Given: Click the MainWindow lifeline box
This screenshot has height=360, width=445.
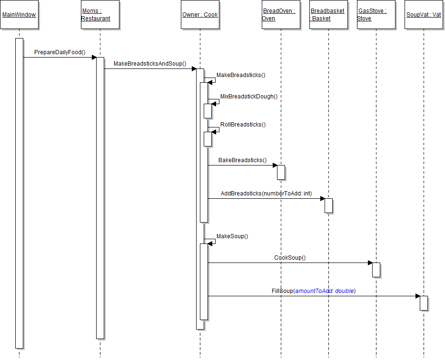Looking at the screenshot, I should [x=19, y=15].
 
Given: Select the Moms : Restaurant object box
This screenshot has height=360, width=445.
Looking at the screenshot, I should [x=100, y=15].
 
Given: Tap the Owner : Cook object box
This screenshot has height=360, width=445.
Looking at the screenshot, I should [x=200, y=15].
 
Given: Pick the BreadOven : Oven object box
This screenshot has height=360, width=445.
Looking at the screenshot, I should [x=281, y=15].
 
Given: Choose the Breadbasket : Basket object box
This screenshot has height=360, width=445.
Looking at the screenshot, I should [x=328, y=15].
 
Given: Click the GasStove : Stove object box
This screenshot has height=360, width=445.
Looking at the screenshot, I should [x=376, y=15].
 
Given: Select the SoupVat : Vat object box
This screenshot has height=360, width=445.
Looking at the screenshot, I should [x=424, y=15].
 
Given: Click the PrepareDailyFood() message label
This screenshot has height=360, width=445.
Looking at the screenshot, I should [x=59, y=52].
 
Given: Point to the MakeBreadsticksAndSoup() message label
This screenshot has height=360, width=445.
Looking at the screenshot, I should [x=150, y=63].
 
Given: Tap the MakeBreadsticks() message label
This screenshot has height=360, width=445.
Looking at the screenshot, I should [x=241, y=75].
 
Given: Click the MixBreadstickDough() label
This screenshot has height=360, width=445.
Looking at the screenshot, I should [x=248, y=96].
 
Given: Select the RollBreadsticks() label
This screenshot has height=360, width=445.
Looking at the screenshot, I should [x=243, y=124].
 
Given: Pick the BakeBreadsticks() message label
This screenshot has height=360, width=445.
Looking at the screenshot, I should [x=242, y=160].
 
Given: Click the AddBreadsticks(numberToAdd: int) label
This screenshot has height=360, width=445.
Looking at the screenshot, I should [x=266, y=194].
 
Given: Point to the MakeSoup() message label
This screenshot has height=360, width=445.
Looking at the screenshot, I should [x=232, y=236].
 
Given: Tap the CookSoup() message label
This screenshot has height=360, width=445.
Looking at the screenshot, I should [x=290, y=258].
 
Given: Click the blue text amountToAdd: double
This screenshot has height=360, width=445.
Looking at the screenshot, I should [x=325, y=291].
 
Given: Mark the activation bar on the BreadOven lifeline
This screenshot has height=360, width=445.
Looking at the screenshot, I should [x=281, y=172].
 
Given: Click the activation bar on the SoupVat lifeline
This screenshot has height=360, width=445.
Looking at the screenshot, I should [x=424, y=303].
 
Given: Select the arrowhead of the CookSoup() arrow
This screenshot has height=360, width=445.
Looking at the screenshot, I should [x=370, y=263].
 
